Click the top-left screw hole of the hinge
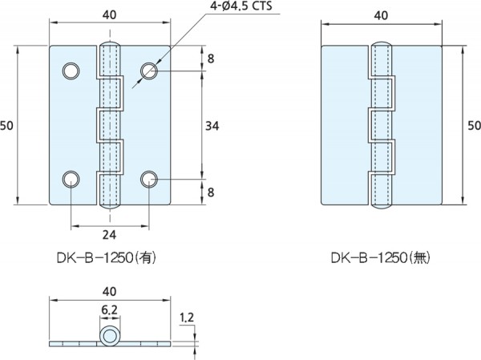tap(71, 72)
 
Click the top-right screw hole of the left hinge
tap(149, 72)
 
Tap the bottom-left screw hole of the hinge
tap(71, 178)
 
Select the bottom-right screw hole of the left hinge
tap(149, 178)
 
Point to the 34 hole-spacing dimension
tap(212, 125)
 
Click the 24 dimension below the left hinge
tap(110, 236)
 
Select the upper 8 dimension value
tap(211, 59)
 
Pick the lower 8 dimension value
tap(211, 192)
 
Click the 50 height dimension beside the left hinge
tap(8, 125)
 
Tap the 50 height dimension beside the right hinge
tap(474, 125)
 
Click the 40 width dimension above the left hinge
tap(110, 13)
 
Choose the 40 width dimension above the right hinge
tap(382, 13)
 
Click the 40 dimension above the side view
tap(110, 292)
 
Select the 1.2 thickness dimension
tap(187, 319)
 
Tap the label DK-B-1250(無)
tap(382, 259)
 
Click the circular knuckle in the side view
tap(109, 337)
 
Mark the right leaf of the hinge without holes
tap(417, 125)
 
